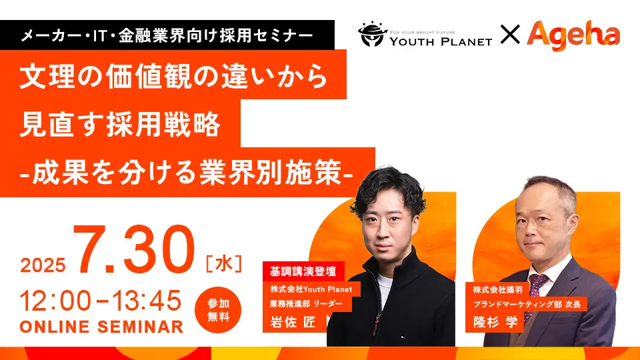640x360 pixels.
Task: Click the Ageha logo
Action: (x=573, y=35)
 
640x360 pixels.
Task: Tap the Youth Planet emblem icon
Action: (x=372, y=34)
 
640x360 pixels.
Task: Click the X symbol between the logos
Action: (x=510, y=34)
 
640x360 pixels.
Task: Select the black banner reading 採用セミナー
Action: (x=167, y=35)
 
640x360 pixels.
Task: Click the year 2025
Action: (x=43, y=265)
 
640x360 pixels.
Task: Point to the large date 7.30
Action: (x=134, y=250)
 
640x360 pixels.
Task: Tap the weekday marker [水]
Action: (x=224, y=263)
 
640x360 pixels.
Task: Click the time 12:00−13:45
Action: (x=101, y=301)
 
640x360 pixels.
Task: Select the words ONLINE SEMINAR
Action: (x=101, y=327)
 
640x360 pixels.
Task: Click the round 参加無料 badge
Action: (x=218, y=310)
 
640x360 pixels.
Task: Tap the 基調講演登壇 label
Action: (x=303, y=271)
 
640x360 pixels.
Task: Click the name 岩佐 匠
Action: (x=293, y=322)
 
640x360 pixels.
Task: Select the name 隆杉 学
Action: (x=495, y=321)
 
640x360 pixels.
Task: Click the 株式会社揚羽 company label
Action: (x=497, y=290)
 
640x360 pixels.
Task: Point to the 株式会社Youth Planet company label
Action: (x=311, y=289)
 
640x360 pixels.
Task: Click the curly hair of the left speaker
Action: (x=387, y=189)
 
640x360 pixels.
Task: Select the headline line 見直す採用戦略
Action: (x=120, y=124)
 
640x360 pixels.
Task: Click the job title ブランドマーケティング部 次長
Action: (x=527, y=304)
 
